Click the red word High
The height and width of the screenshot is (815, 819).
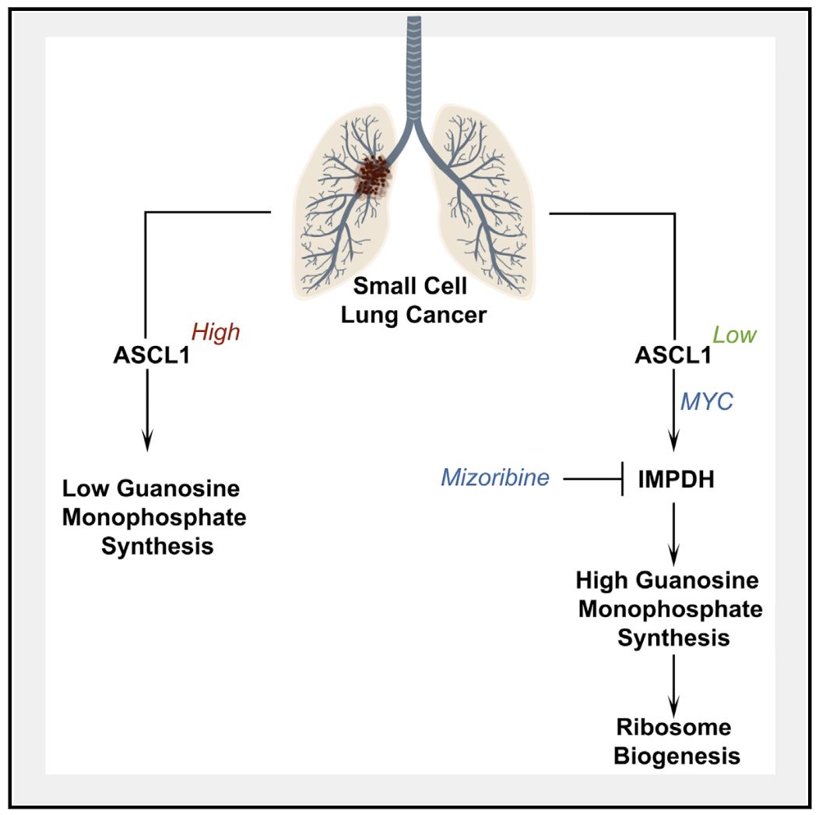point(216,333)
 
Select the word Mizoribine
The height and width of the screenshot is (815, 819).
point(495,478)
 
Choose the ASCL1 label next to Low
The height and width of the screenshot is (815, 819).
point(673,356)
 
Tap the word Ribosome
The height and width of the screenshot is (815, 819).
point(674,728)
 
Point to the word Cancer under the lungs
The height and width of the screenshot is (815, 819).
point(452,315)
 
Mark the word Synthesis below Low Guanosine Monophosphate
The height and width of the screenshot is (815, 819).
point(157,546)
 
